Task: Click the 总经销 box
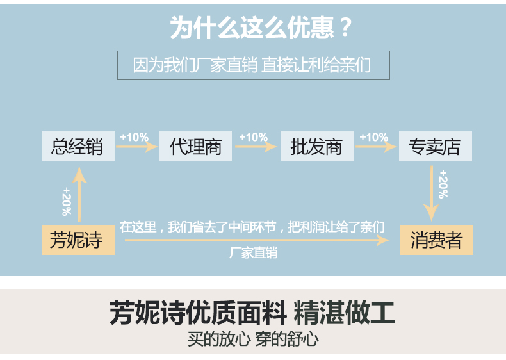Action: coord(78,147)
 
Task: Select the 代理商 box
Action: coord(195,147)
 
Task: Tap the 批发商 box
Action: coord(316,147)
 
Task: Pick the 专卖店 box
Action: coord(435,147)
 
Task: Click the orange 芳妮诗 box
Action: coord(78,240)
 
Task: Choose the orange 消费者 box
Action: coord(437,240)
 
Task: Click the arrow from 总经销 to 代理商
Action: coord(137,147)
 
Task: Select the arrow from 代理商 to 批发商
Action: coord(257,147)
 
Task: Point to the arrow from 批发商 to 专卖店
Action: coord(375,147)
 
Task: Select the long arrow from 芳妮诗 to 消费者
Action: coord(256,240)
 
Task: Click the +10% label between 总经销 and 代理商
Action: coord(134,137)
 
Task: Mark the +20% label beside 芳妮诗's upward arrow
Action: coord(67,200)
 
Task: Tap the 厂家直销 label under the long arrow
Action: coord(254,253)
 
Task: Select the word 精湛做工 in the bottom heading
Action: coord(344,313)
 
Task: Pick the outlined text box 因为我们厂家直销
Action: coord(253,65)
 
